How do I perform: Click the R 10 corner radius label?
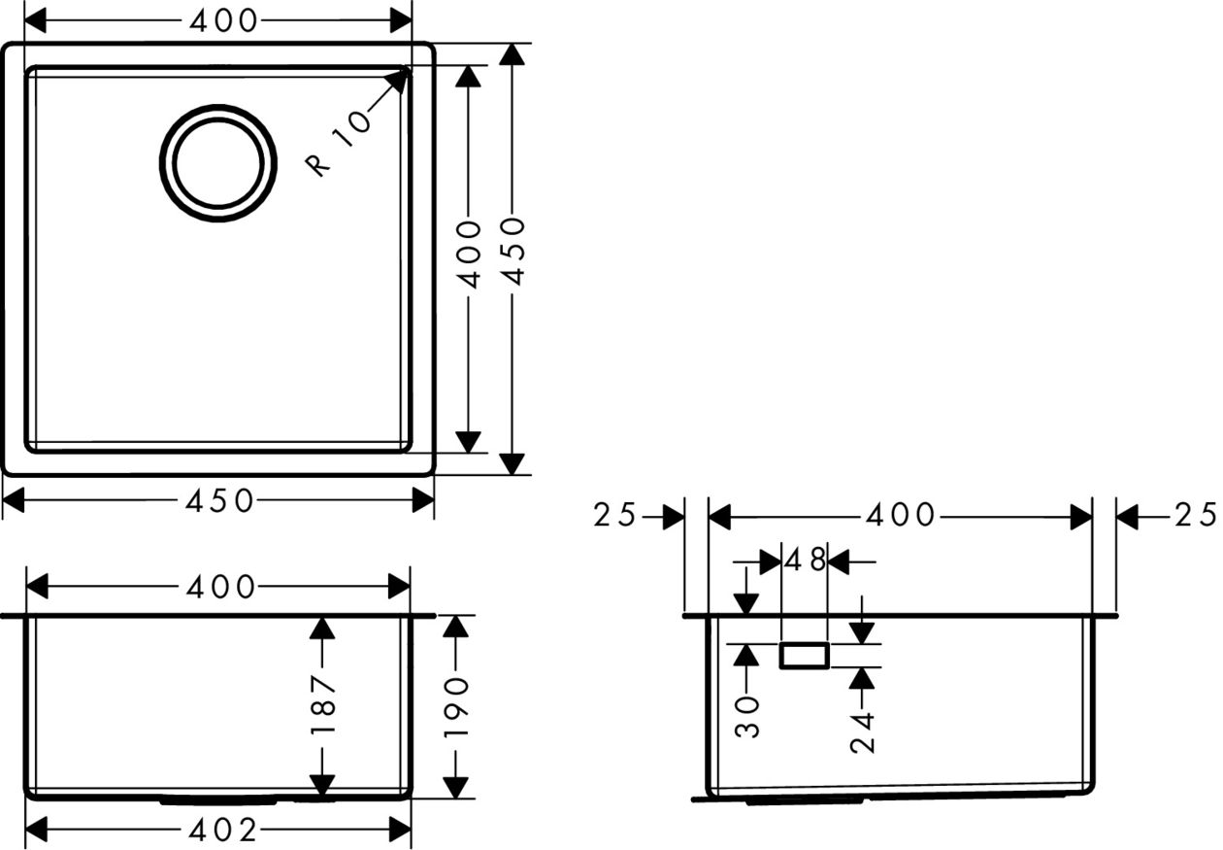pos(339,144)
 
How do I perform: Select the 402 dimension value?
pos(222,831)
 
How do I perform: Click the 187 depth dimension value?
pos(322,704)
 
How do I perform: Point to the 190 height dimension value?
pos(456,707)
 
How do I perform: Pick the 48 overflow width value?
pos(805,560)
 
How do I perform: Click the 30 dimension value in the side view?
pos(747,717)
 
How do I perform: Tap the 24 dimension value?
pos(862,732)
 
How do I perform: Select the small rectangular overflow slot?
pos(805,655)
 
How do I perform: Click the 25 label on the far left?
pos(614,515)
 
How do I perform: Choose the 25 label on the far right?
pos(1196,515)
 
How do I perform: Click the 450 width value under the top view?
pos(219,501)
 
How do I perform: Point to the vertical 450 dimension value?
pos(513,252)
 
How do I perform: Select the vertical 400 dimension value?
pos(469,254)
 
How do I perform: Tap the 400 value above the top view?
pos(223,21)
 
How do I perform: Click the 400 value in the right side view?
pos(901,515)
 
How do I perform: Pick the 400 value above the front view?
pos(220,588)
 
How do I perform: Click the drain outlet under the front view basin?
pos(218,802)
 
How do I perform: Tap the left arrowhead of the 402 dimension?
pos(36,831)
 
